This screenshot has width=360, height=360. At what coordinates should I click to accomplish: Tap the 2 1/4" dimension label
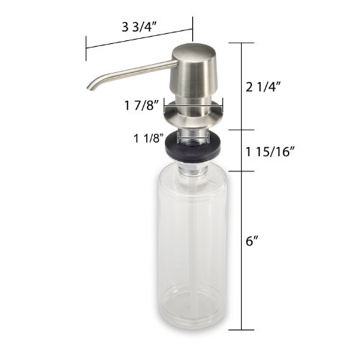264,87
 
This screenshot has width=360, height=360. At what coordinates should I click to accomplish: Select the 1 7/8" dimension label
142,105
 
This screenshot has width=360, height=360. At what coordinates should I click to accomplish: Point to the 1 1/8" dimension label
149,138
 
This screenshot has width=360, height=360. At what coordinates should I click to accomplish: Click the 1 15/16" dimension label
270,151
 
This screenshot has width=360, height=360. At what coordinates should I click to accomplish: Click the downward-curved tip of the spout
91,87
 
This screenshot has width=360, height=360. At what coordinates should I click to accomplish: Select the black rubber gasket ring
193,147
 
